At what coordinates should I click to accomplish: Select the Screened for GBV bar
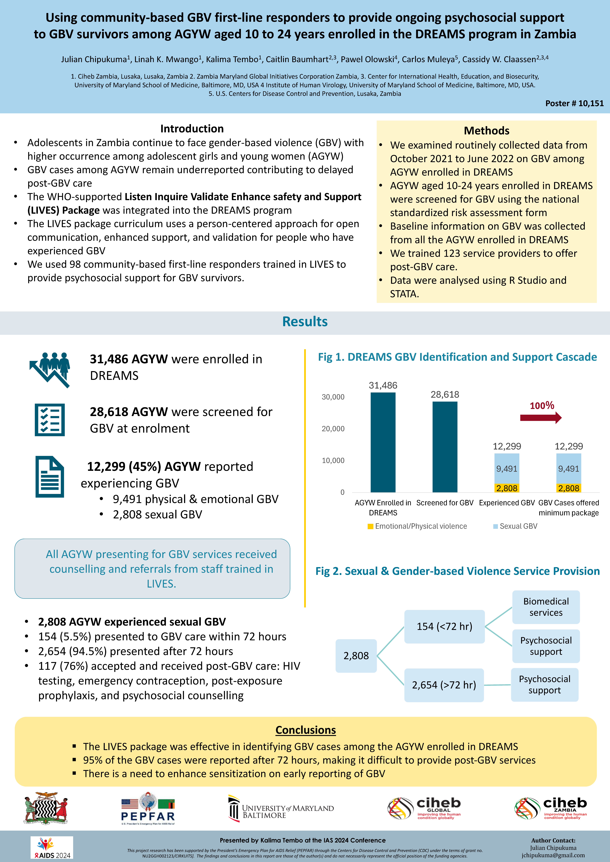(445, 447)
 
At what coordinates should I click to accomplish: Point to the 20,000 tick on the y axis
(333, 429)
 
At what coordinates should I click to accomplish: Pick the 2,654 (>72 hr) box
(444, 685)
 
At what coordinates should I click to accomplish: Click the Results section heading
(305, 322)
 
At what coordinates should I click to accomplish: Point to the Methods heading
(486, 131)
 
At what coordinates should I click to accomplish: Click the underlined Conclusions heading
(305, 730)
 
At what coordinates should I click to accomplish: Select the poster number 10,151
(574, 103)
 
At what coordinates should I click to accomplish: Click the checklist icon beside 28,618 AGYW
(50, 420)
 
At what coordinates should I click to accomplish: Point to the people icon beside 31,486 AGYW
(50, 369)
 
